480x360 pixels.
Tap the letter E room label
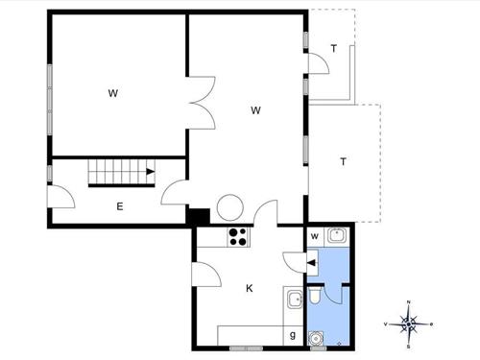click(x=119, y=205)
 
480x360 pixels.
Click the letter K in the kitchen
click(x=249, y=288)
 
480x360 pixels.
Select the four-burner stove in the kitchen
click(x=238, y=236)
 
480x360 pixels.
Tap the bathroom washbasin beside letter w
click(x=335, y=235)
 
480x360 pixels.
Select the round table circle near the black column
click(x=231, y=207)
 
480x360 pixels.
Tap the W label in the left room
click(x=112, y=93)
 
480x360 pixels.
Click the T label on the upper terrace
click(x=333, y=48)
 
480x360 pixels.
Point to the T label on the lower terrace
click(x=343, y=161)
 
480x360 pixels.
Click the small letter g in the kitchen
click(x=293, y=334)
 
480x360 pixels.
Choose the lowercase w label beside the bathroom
click(x=314, y=235)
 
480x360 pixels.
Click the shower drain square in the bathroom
click(x=316, y=337)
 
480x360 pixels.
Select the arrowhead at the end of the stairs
click(x=151, y=173)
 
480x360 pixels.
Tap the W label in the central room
click(x=256, y=110)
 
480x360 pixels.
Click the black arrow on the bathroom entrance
click(x=312, y=258)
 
